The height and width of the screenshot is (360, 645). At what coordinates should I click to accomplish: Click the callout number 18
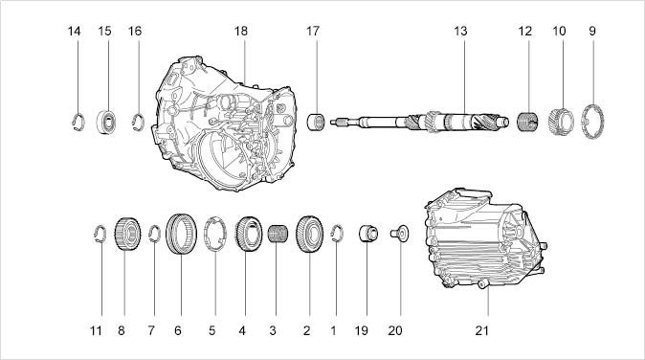coord(240,31)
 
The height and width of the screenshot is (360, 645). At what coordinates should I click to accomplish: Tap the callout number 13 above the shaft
coord(460,31)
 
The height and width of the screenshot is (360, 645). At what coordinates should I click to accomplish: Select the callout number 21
coord(481,330)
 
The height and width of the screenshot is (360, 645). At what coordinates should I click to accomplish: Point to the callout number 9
coord(592,31)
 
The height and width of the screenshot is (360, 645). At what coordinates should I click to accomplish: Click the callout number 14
coord(74,31)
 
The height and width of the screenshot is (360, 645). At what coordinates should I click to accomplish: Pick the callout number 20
coord(395,330)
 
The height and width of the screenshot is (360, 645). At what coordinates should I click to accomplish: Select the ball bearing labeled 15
coord(107,122)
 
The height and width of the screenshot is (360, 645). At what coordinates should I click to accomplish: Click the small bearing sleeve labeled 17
coord(317,122)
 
